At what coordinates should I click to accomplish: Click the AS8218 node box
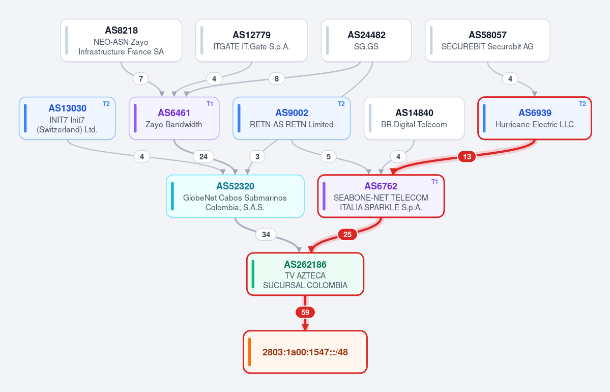pyautogui.click(x=121, y=41)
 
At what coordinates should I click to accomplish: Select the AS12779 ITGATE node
pyautogui.click(x=252, y=41)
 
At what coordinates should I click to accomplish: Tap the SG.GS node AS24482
pyautogui.click(x=366, y=41)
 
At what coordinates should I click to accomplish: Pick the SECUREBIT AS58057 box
pyautogui.click(x=487, y=41)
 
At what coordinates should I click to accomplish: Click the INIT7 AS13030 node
pyautogui.click(x=67, y=118)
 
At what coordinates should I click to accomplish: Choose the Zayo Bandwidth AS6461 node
pyautogui.click(x=175, y=118)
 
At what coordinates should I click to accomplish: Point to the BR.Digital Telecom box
pyautogui.click(x=414, y=118)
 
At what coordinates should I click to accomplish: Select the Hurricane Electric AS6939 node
pyautogui.click(x=535, y=118)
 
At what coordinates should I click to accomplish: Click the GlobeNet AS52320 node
pyautogui.click(x=236, y=196)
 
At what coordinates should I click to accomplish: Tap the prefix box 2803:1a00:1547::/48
pyautogui.click(x=305, y=352)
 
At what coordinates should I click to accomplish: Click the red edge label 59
pyautogui.click(x=305, y=312)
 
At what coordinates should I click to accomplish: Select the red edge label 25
pyautogui.click(x=347, y=234)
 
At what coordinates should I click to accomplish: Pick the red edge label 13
pyautogui.click(x=467, y=156)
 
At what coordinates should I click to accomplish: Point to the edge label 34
pyautogui.click(x=266, y=234)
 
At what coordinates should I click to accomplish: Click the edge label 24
pyautogui.click(x=204, y=156)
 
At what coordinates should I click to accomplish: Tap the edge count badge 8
pyautogui.click(x=277, y=78)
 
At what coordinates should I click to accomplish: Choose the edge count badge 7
pyautogui.click(x=141, y=78)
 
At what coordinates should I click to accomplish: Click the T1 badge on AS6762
pyautogui.click(x=434, y=182)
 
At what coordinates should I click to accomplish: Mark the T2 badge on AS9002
pyautogui.click(x=341, y=104)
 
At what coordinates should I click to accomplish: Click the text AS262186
pyautogui.click(x=305, y=265)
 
